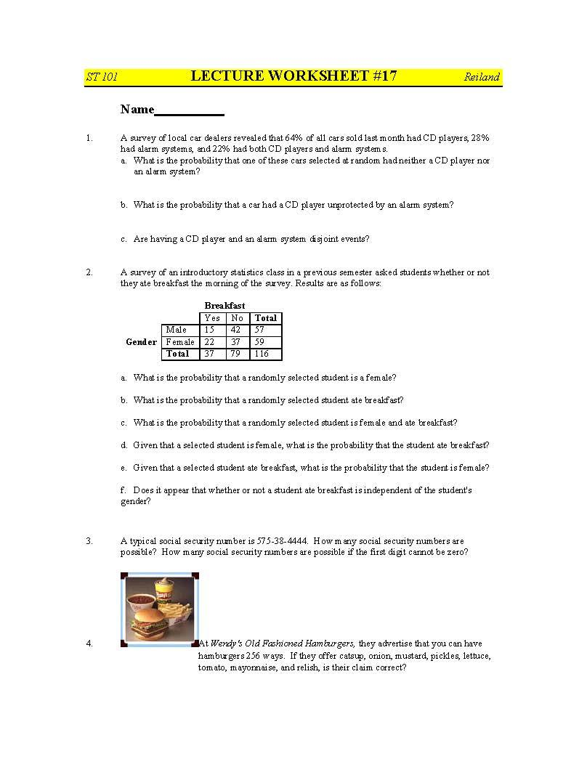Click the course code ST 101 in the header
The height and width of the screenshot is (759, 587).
[x=102, y=77]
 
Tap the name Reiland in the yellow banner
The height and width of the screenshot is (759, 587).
[x=482, y=77]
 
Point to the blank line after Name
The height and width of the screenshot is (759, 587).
[x=190, y=111]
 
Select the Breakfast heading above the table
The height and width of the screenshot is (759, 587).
[x=224, y=306]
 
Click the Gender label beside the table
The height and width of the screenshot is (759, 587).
[x=141, y=342]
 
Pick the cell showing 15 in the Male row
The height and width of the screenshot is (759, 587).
[x=210, y=330]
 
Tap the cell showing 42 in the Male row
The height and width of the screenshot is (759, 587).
[x=236, y=330]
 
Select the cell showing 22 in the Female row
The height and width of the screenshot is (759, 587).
[x=210, y=342]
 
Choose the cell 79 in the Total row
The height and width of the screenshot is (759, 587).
[x=236, y=354]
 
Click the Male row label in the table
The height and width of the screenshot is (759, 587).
[x=177, y=330]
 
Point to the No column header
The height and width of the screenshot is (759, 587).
[x=237, y=318]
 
